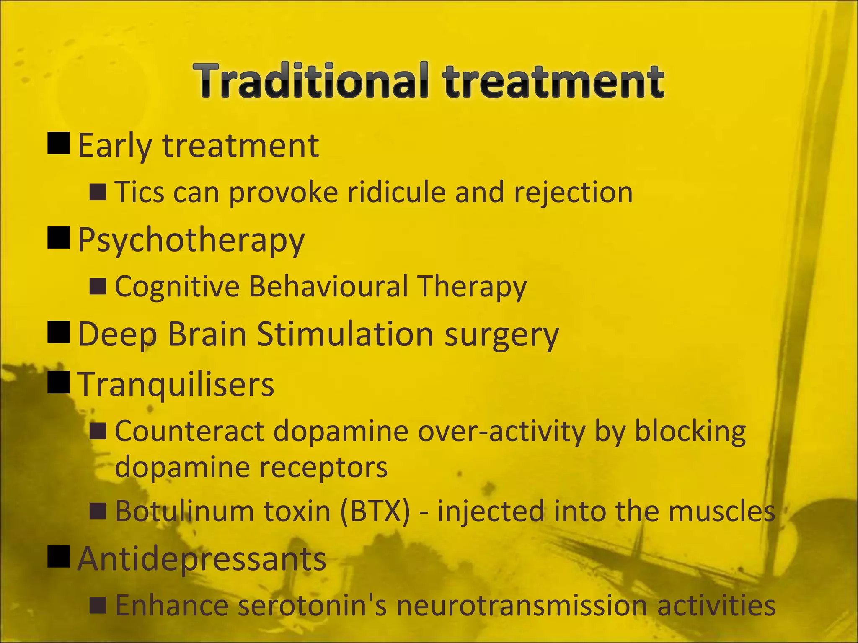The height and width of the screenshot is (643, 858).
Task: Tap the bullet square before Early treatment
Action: point(59,144)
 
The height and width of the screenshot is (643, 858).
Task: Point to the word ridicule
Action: point(396,192)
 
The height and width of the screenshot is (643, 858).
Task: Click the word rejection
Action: point(573,193)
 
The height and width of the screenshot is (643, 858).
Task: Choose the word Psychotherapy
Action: point(191,240)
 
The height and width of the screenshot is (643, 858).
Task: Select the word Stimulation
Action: point(345,334)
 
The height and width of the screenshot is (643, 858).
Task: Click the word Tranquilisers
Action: point(176,384)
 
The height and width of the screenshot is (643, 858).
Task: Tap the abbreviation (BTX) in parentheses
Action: point(375,512)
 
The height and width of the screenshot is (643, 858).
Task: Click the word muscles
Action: point(721,511)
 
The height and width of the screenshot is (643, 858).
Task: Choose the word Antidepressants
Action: point(202,559)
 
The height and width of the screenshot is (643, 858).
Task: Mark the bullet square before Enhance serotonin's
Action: point(98,605)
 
